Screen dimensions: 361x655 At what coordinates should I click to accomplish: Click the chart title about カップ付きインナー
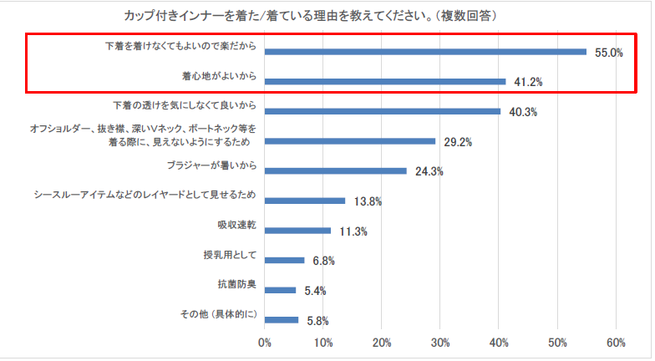pos(313,15)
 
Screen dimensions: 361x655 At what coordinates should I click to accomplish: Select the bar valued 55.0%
pos(425,51)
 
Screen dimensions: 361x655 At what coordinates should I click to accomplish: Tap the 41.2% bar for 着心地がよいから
pos(385,81)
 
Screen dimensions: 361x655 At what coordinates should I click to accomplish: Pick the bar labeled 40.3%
pos(383,111)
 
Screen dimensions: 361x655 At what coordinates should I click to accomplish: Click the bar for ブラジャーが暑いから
pos(336,171)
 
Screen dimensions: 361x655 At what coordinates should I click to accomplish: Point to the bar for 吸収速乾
pos(297,231)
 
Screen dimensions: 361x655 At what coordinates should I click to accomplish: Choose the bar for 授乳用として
pos(285,260)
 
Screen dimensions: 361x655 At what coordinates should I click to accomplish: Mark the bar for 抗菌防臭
pos(281,290)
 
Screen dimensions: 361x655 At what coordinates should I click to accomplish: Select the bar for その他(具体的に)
pos(282,319)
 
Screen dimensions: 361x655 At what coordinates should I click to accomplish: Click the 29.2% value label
pos(458,142)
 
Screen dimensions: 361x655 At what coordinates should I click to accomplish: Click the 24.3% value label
pos(429,172)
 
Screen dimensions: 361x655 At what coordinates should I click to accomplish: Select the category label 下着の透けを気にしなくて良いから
pos(185,106)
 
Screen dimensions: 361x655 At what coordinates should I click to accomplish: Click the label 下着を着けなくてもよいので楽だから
pos(180,45)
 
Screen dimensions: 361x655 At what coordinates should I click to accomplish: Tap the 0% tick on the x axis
pos(265,343)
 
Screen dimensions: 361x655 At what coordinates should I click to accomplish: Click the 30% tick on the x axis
pos(440,343)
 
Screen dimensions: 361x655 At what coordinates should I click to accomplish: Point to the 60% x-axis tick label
pos(616,343)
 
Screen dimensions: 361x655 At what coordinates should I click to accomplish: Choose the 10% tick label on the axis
pos(323,343)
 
